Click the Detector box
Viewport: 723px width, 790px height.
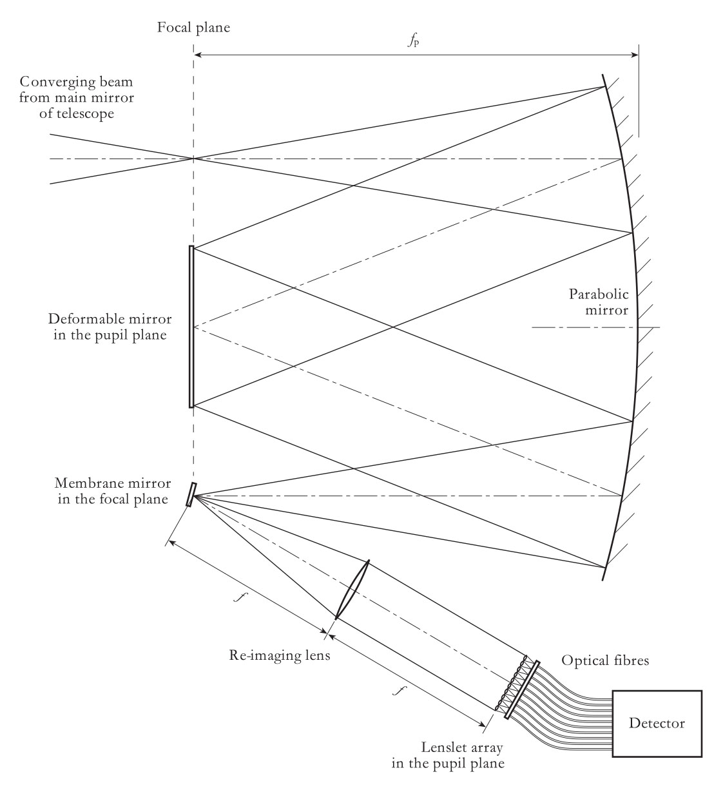click(657, 723)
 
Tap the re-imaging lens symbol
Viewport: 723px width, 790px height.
click(352, 590)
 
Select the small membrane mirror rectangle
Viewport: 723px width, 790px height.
click(190, 494)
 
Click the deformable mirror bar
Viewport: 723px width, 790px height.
click(191, 327)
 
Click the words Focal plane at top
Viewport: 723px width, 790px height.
click(193, 28)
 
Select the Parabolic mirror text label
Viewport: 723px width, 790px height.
click(598, 302)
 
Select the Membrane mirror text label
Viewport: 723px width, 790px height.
click(113, 491)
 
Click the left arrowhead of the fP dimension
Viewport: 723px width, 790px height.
click(197, 55)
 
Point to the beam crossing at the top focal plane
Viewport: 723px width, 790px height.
click(193, 159)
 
